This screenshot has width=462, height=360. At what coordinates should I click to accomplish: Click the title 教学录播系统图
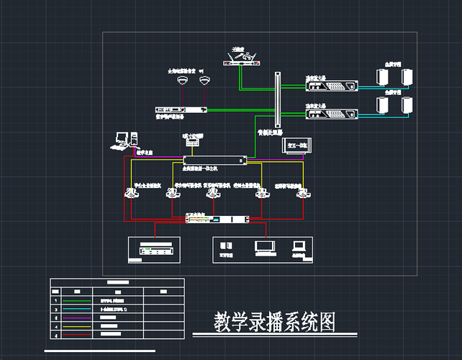275,322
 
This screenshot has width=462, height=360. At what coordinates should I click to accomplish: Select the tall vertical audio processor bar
277,100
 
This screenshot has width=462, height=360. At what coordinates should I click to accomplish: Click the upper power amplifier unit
332,87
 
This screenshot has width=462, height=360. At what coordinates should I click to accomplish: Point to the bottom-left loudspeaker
383,105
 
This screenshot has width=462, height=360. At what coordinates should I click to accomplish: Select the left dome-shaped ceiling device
183,81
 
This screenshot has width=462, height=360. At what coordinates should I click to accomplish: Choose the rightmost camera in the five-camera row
305,194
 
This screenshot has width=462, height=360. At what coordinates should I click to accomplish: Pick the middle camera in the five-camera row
217,194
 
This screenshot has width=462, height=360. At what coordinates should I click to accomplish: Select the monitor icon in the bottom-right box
264,246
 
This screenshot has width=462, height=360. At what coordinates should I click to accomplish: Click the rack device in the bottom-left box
157,251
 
